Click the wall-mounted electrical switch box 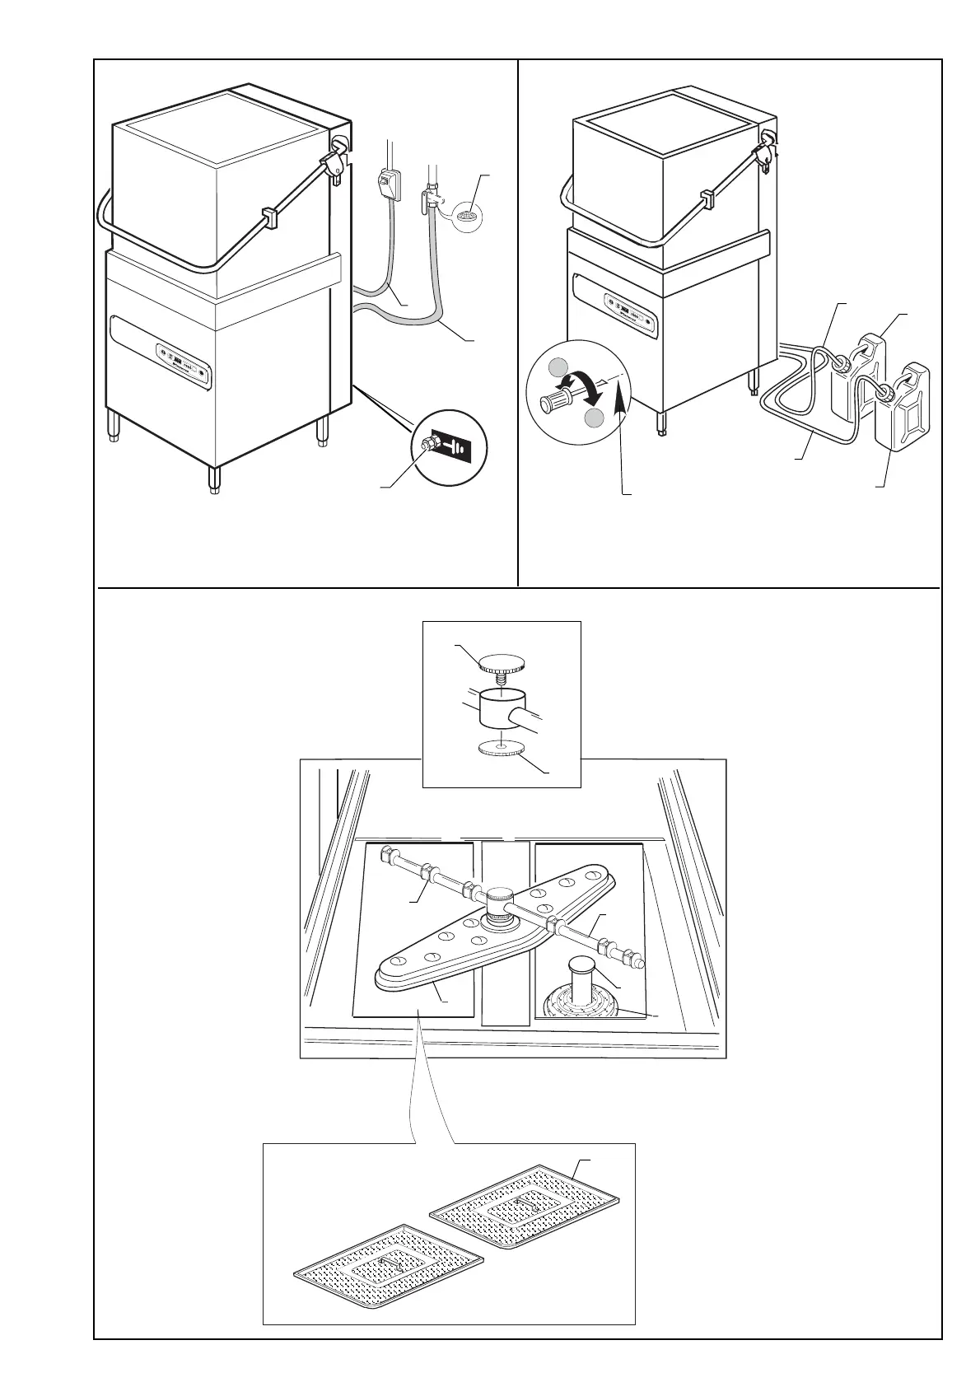386,183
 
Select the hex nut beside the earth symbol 427,445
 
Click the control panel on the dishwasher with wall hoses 184,364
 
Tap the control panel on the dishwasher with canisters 629,314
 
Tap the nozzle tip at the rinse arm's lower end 637,961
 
